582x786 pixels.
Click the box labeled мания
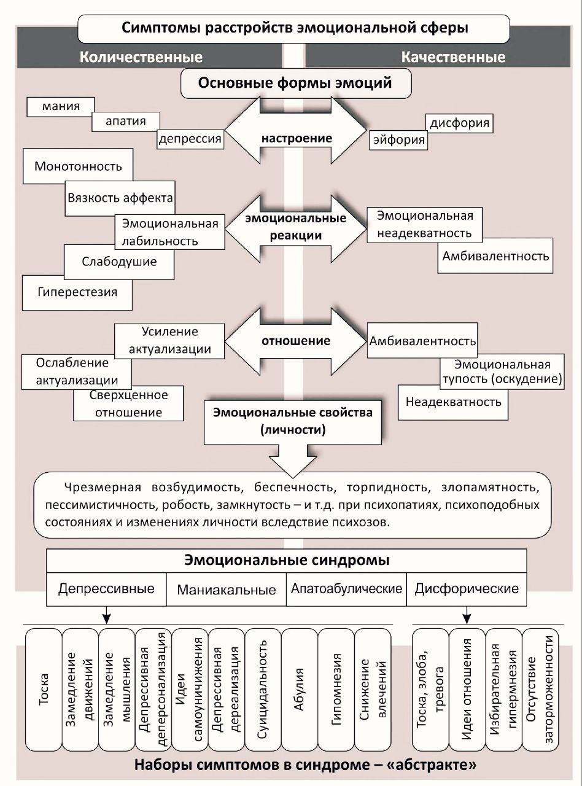[61, 106]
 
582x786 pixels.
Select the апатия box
[125, 121]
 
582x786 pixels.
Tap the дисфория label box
[459, 123]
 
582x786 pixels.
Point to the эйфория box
[398, 140]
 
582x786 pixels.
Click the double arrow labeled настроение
[296, 138]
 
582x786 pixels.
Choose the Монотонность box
[78, 166]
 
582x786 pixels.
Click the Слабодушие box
[119, 262]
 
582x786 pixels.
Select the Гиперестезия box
[77, 292]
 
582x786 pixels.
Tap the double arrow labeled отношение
[296, 341]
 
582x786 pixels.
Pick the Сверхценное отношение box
[128, 403]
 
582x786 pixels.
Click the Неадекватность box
[453, 402]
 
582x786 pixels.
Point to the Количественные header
[141, 57]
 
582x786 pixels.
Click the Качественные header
[453, 57]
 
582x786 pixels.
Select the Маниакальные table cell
[227, 590]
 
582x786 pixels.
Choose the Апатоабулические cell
[346, 589]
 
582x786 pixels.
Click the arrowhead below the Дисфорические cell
[467, 615]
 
